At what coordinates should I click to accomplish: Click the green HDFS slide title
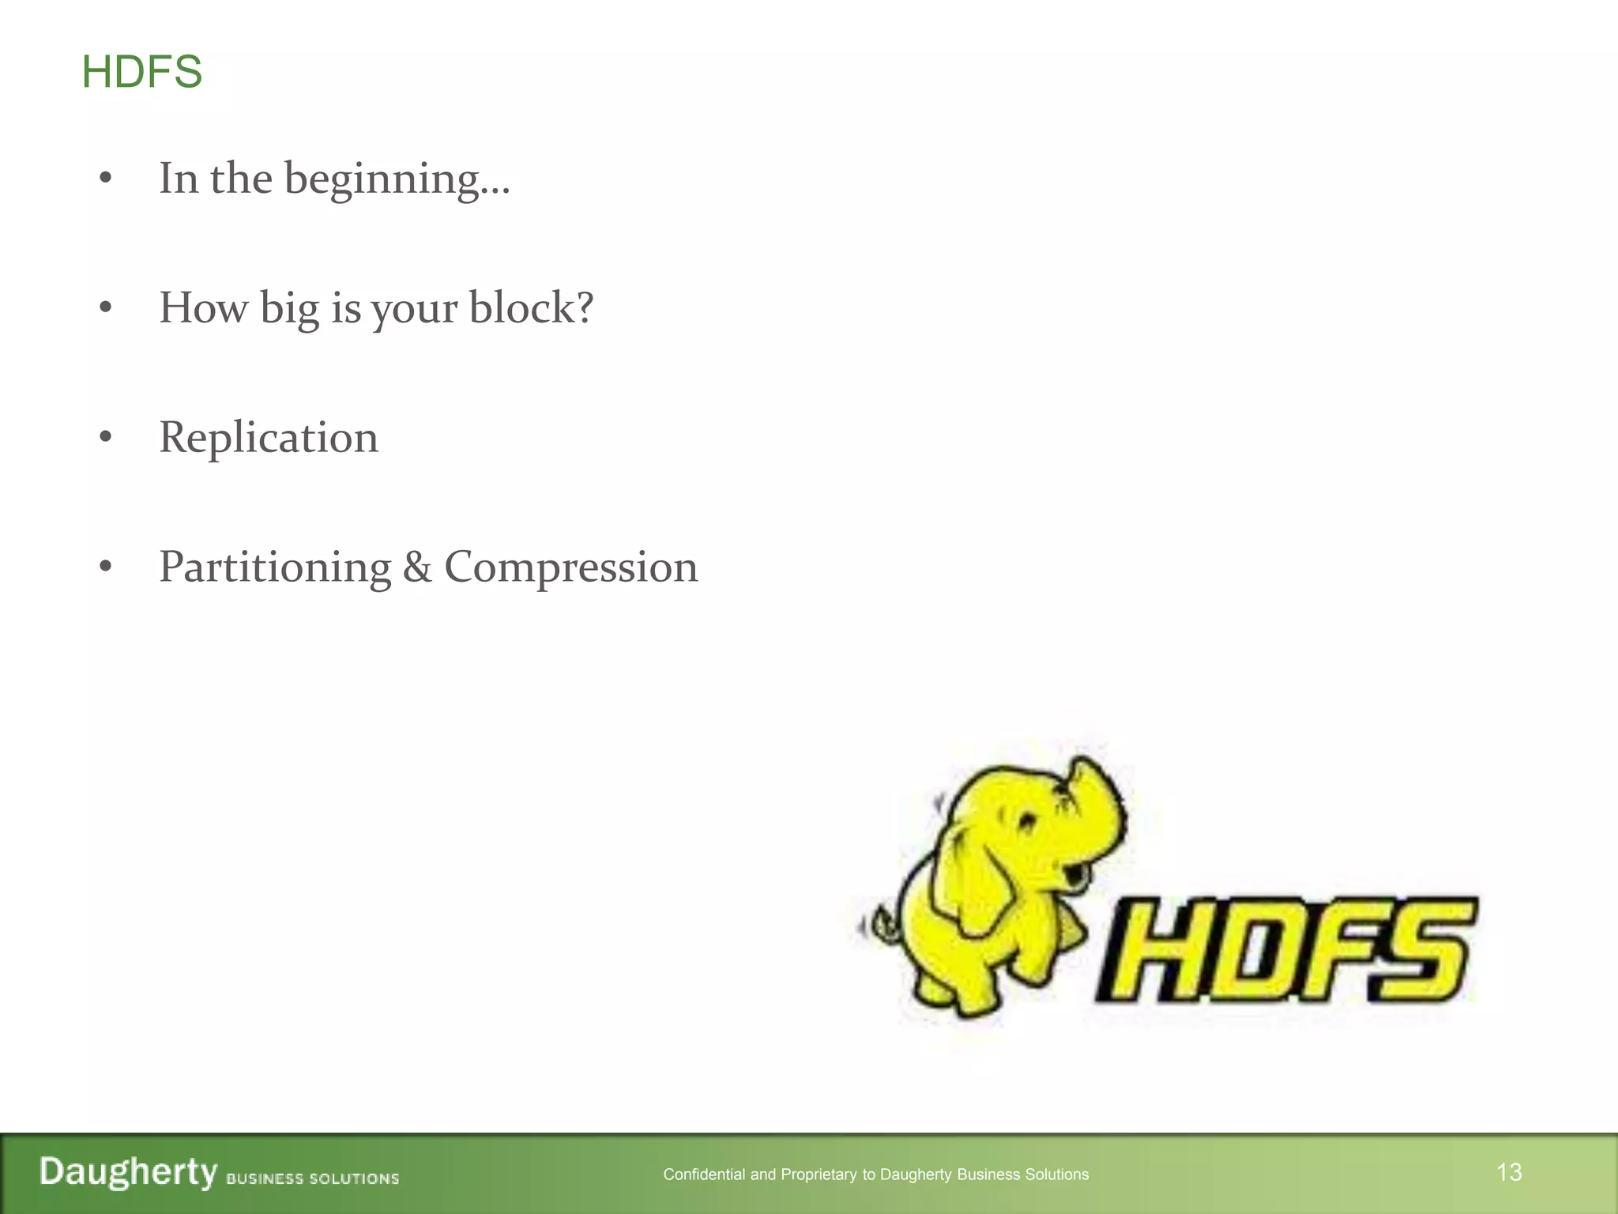pos(142,72)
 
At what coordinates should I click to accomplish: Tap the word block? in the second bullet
pos(531,307)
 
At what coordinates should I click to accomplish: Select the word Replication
pos(269,437)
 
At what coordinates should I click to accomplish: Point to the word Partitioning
pos(275,567)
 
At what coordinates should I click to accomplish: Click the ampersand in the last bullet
pos(417,567)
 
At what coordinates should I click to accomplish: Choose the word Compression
pos(570,567)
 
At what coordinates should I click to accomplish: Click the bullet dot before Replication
pos(106,437)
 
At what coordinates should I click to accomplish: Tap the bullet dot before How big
pos(106,307)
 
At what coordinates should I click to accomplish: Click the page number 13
pos(1509,1172)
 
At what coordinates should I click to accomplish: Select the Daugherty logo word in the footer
pos(128,1171)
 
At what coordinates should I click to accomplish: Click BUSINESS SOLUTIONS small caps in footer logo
pos(313,1178)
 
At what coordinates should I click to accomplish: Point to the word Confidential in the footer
pos(704,1174)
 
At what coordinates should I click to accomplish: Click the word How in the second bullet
pos(203,307)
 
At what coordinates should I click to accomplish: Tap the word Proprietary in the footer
pos(819,1174)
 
